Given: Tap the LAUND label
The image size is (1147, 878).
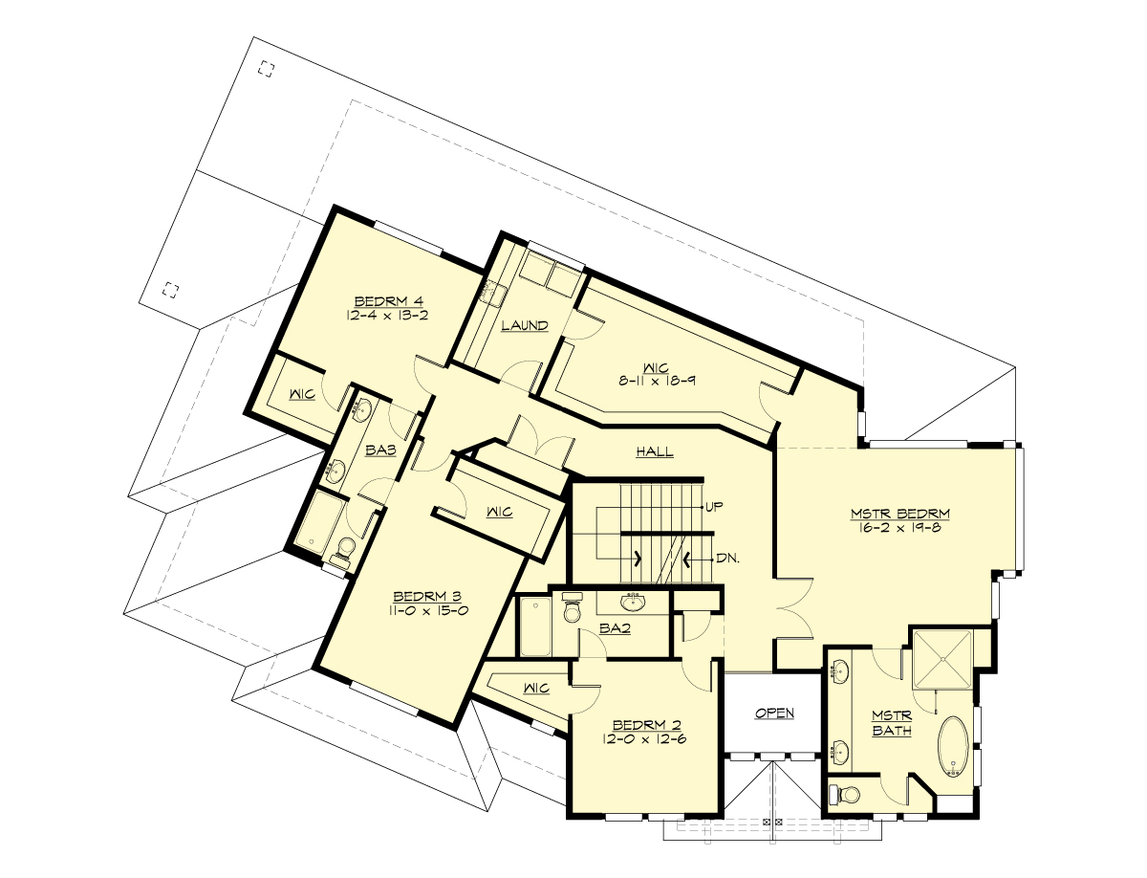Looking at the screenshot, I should coord(525,325).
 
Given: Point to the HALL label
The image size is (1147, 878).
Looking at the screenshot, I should coord(655,451).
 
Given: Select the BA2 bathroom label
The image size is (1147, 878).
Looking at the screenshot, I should coord(613,628).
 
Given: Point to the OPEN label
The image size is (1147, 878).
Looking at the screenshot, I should coord(774,713).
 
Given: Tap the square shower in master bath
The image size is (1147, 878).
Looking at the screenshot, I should coord(941,658).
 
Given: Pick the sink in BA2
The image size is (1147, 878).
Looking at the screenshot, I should coord(632,603).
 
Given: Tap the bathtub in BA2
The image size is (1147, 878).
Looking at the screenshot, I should coord(536,626).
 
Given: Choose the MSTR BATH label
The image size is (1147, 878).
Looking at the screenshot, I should coord(891,723).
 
